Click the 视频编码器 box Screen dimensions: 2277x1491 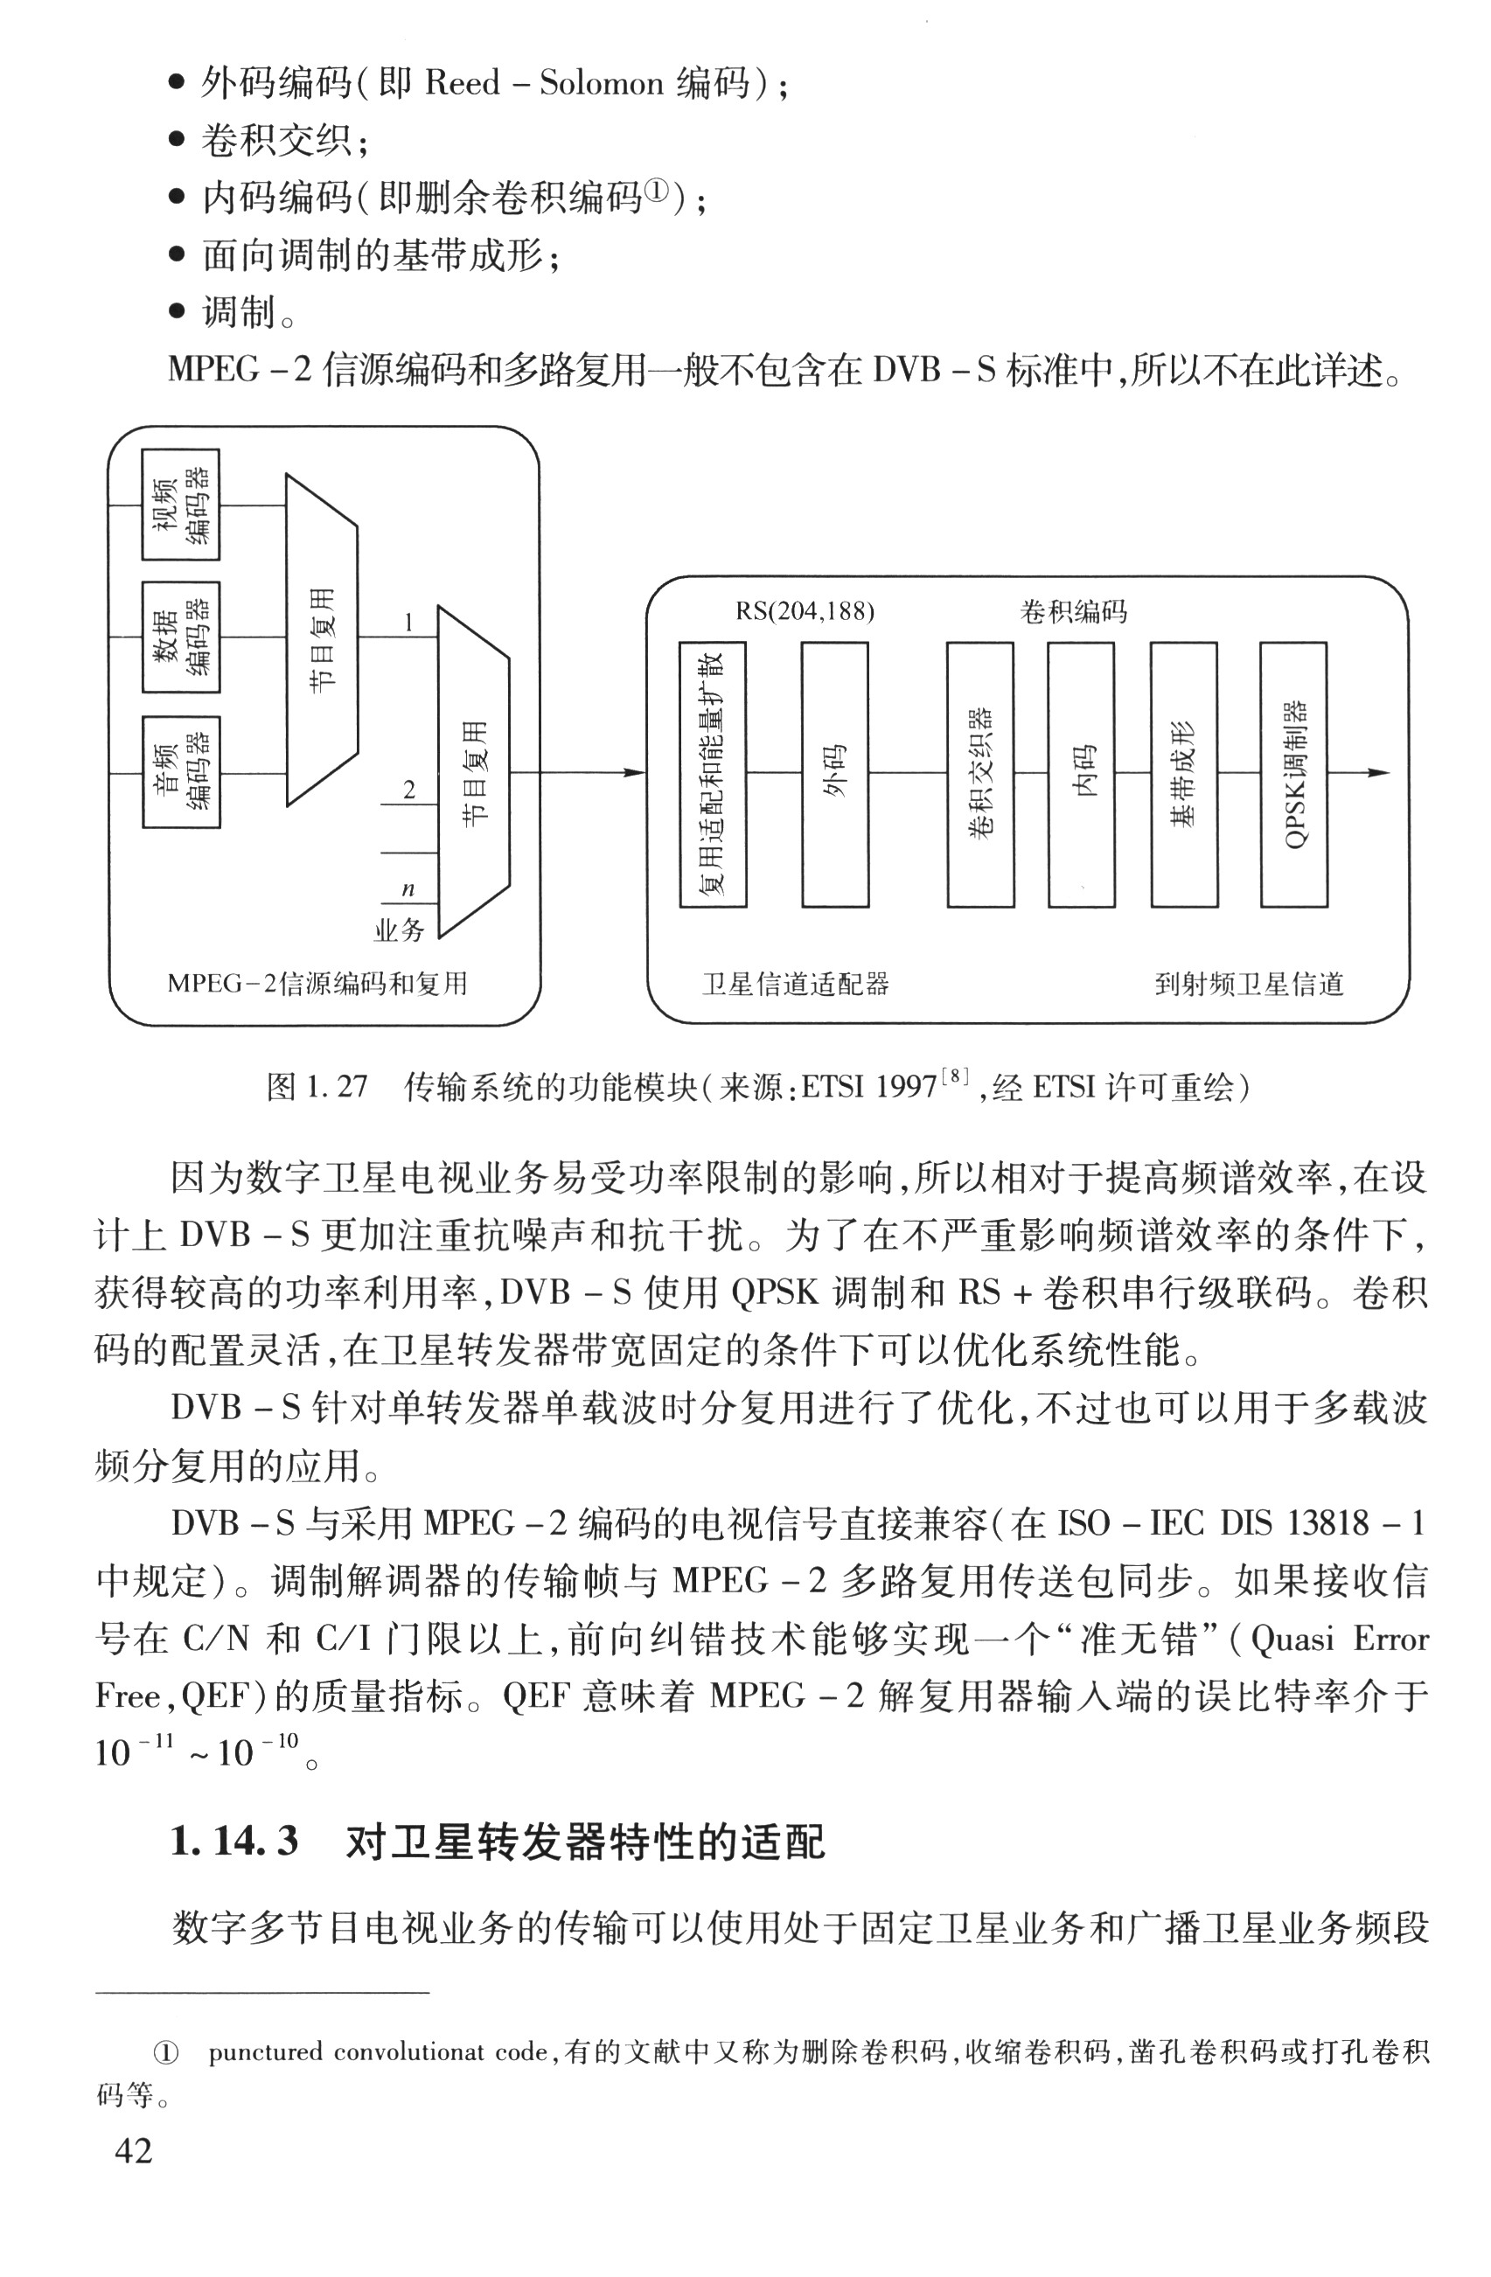click(x=181, y=505)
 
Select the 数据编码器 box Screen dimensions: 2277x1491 click(x=181, y=637)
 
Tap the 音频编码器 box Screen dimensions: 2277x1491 click(x=181, y=772)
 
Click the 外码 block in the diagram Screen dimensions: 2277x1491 click(x=834, y=774)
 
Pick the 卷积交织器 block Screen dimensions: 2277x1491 click(x=980, y=774)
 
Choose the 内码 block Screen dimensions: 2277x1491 click(x=1082, y=774)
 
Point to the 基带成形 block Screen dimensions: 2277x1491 click(x=1184, y=774)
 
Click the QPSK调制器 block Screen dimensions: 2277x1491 click(x=1294, y=774)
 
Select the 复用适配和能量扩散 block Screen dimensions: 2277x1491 click(x=713, y=774)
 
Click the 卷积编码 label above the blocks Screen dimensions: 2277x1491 click(x=1073, y=611)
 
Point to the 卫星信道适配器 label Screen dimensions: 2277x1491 click(x=795, y=984)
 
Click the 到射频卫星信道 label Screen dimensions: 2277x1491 click(x=1249, y=984)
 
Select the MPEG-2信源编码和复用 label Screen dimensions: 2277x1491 click(x=317, y=984)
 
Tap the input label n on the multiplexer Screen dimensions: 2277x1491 click(x=408, y=888)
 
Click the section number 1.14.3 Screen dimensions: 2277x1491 click(x=233, y=1842)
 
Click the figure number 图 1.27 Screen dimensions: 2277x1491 click(x=317, y=1087)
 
